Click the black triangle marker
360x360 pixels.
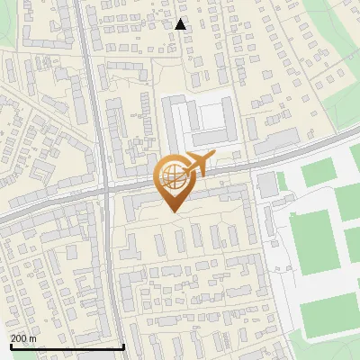point(181,24)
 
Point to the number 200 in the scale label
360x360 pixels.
point(19,338)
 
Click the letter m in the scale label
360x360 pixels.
point(32,338)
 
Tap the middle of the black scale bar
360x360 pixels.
point(67,346)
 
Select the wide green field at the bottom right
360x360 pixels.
point(328,315)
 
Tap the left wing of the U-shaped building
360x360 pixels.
point(168,121)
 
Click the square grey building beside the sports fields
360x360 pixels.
point(267,184)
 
